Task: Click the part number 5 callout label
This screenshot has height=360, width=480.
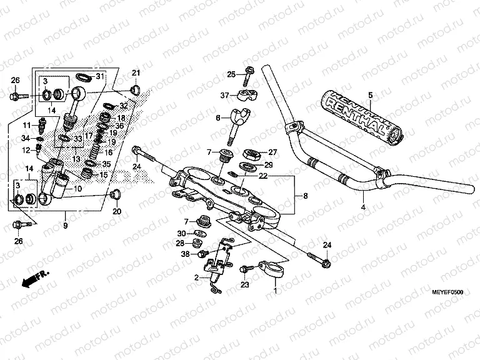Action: pyautogui.click(x=369, y=96)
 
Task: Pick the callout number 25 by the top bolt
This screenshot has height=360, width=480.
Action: pyautogui.click(x=231, y=75)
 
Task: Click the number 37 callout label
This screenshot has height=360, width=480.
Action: pyautogui.click(x=225, y=95)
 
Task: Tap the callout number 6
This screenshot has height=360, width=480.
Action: pyautogui.click(x=218, y=117)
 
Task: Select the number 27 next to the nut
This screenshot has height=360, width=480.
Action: pyautogui.click(x=272, y=152)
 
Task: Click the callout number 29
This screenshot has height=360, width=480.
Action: pyautogui.click(x=269, y=164)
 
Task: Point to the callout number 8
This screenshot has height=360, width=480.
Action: pyautogui.click(x=305, y=196)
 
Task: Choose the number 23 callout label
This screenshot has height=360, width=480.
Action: pyautogui.click(x=244, y=284)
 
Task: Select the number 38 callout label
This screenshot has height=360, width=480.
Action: pyautogui.click(x=185, y=254)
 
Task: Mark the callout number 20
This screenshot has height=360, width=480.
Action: pyautogui.click(x=116, y=211)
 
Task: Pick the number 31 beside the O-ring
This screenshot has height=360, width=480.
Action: pyautogui.click(x=99, y=76)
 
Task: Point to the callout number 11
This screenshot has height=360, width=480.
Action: pyautogui.click(x=27, y=126)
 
